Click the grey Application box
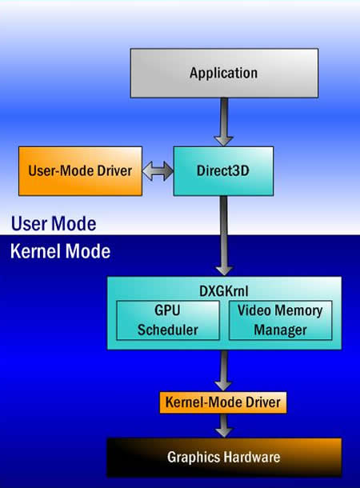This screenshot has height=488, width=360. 224,73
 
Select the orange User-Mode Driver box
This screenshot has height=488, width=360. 80,171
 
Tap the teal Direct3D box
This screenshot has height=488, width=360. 223,171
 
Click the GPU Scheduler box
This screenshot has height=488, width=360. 168,320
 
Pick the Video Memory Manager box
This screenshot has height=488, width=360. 280,320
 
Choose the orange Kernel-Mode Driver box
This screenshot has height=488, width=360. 223,402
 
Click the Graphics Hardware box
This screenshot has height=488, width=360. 224,457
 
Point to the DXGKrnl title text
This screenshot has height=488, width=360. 224,291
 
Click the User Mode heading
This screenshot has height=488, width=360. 54,224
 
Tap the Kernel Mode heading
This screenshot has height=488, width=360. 60,251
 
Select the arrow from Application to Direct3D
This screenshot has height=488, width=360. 224,122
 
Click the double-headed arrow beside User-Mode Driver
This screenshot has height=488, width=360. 158,171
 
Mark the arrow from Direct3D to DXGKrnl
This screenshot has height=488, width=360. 224,235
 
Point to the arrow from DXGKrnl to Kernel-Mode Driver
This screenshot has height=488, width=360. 224,370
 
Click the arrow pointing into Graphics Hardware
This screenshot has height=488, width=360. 224,426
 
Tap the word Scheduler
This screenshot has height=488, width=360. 168,330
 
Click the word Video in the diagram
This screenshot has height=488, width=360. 254,310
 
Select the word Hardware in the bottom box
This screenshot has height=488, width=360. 252,457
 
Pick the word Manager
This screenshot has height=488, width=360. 280,330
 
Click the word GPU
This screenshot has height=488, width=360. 167,310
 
